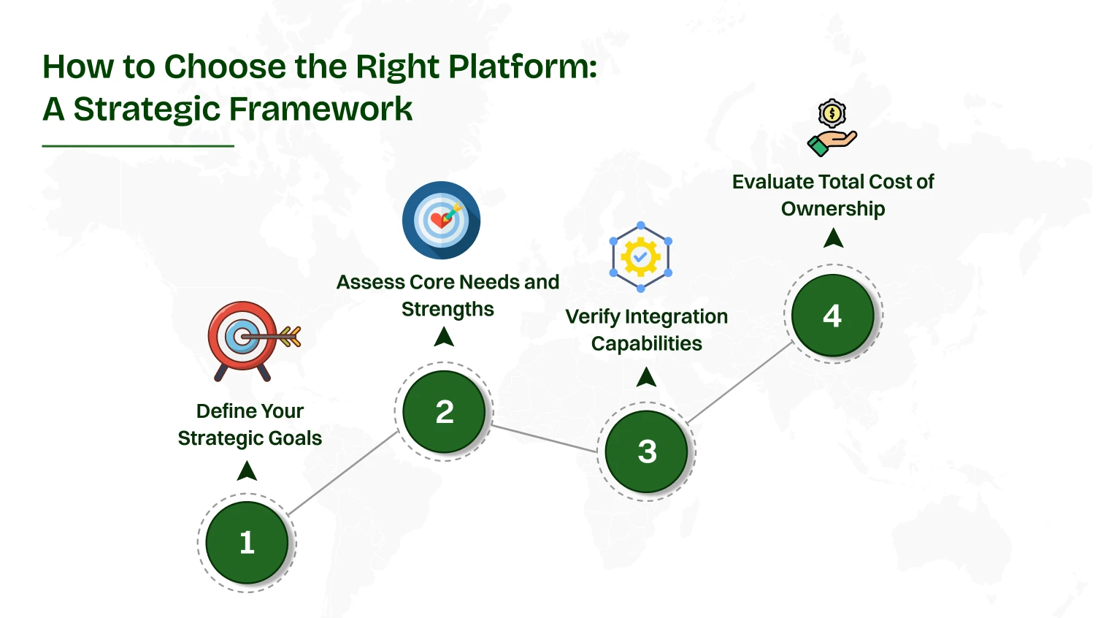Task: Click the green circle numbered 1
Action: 247,543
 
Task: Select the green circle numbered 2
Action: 444,412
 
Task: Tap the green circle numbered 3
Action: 647,451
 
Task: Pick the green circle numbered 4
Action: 832,316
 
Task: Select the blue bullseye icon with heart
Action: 441,220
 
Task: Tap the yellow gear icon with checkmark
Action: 640,256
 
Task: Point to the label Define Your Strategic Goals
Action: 250,424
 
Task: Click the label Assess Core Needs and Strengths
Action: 448,295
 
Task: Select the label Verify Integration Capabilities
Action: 646,329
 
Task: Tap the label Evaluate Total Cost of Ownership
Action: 833,195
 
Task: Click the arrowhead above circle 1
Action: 247,471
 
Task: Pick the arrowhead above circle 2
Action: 444,337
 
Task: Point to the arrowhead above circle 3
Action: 646,377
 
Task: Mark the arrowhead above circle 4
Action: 833,238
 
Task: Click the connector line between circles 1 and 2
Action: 343,473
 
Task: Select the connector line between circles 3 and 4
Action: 740,383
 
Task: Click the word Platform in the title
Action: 521,66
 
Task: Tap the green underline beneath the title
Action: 138,146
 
